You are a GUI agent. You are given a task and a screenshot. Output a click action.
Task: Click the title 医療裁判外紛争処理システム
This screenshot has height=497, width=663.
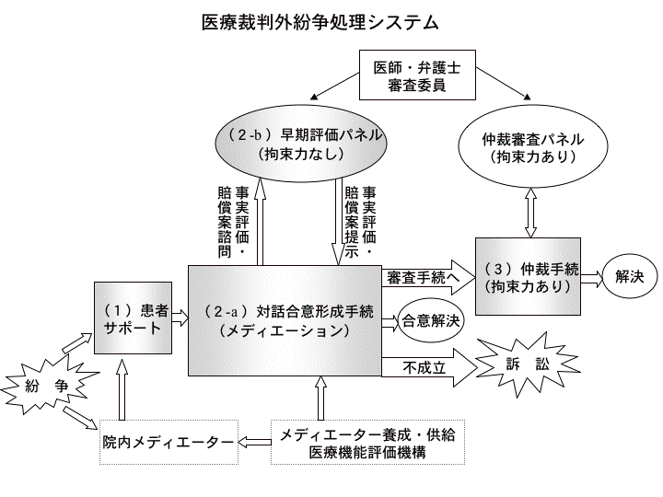coord(320,20)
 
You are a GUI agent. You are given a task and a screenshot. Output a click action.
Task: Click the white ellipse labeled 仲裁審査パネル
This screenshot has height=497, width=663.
coord(533,148)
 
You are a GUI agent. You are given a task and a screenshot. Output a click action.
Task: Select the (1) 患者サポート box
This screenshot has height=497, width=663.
coord(134,318)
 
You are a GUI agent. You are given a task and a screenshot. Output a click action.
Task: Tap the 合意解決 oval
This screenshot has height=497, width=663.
coord(430,321)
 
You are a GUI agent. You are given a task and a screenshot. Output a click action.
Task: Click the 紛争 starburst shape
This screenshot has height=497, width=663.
coord(46,386)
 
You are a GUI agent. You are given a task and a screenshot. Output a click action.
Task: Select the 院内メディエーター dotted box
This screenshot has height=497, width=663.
coord(168,443)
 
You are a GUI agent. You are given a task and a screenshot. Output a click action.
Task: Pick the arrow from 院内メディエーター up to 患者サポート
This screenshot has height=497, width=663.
coord(121,391)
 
